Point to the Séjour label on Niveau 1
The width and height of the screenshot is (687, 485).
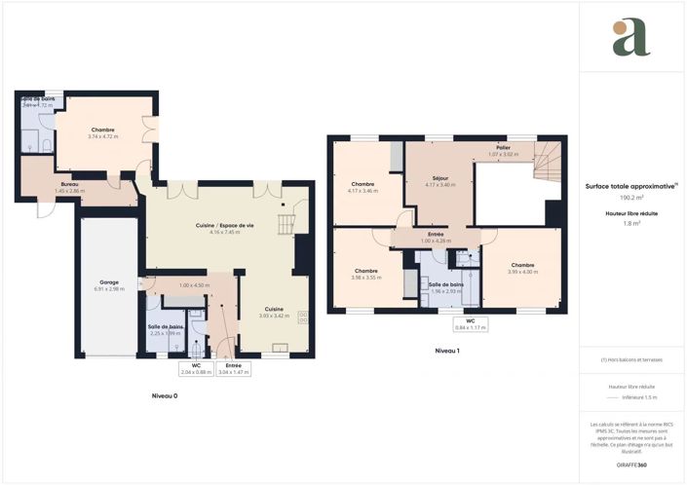pyautogui.click(x=439, y=180)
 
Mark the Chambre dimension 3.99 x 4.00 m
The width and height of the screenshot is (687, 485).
pyautogui.click(x=521, y=272)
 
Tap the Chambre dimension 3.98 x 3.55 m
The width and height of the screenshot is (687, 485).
pyautogui.click(x=366, y=278)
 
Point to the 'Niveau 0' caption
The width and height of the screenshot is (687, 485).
pyautogui.click(x=165, y=396)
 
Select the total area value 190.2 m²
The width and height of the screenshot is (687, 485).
pyautogui.click(x=632, y=197)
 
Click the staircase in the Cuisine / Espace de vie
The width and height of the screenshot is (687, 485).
pyautogui.click(x=285, y=225)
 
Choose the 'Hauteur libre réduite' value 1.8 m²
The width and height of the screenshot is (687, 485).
pyautogui.click(x=632, y=223)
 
